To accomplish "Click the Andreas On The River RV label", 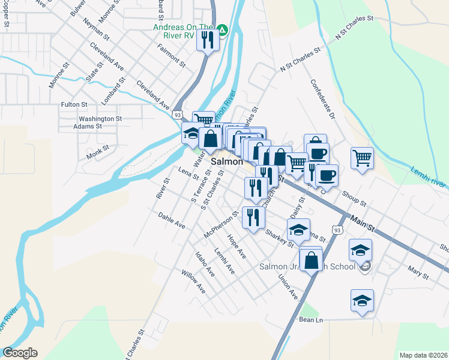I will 183,31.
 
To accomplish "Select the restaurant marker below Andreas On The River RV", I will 208,40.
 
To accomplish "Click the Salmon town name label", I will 227,162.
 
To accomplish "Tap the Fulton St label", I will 74,104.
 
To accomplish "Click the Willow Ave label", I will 193,281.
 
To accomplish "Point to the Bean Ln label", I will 311,320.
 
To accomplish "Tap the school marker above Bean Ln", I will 362,301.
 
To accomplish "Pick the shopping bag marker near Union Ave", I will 311,260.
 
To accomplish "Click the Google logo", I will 20,353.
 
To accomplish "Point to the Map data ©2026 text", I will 423,355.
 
